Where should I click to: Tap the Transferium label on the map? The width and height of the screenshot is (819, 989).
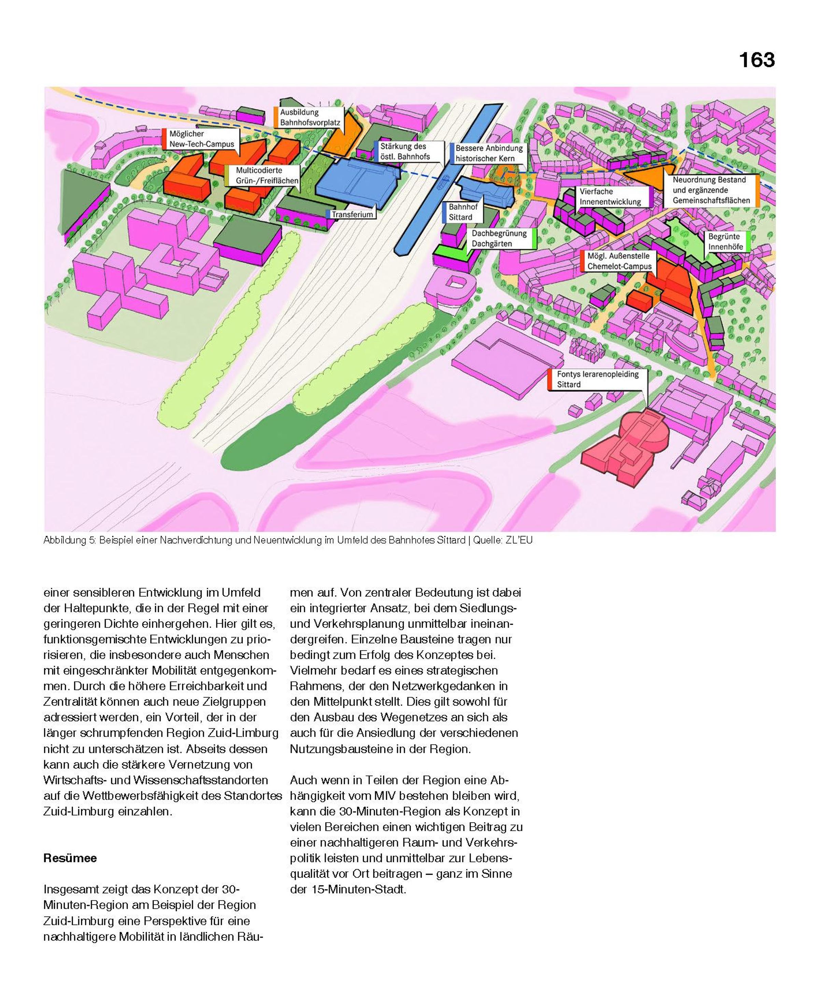352,214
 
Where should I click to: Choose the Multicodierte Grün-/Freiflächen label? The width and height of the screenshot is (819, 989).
267,175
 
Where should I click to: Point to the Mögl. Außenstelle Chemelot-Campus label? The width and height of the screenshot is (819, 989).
619,261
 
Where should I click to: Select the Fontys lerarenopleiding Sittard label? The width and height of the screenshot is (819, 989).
597,379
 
